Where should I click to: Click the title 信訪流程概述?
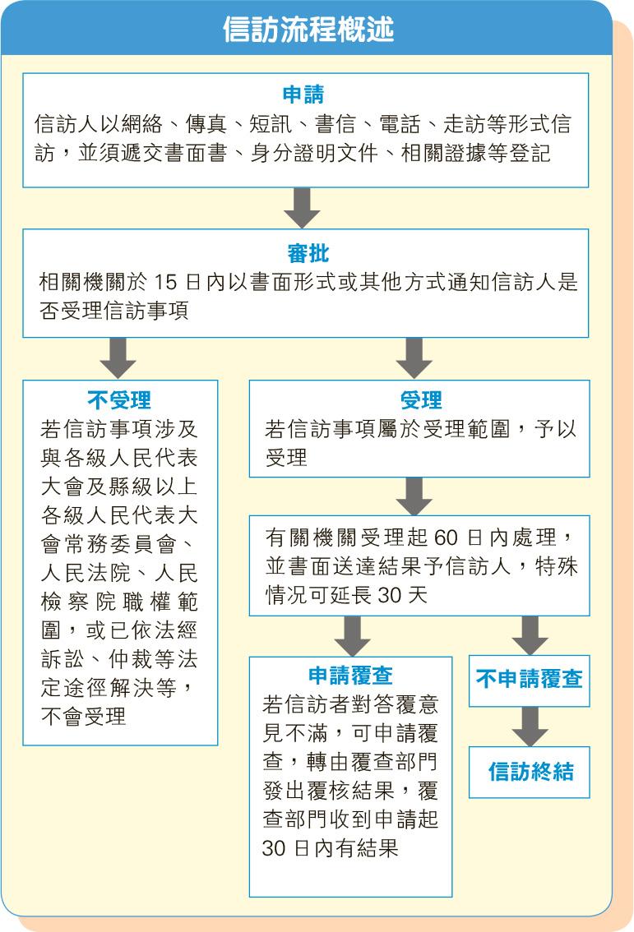(x=308, y=29)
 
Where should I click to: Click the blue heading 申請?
(x=303, y=95)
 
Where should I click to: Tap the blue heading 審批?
(x=308, y=253)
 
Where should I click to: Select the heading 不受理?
(x=119, y=400)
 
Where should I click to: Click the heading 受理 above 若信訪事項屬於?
(x=421, y=400)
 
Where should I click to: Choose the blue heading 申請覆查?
(x=351, y=676)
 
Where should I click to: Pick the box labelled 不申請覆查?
(x=530, y=681)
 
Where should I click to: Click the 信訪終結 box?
(x=530, y=772)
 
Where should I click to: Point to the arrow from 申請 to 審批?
(x=302, y=208)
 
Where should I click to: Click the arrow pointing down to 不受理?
(x=118, y=358)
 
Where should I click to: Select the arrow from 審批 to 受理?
(x=414, y=358)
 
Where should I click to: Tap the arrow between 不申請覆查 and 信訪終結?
(x=530, y=727)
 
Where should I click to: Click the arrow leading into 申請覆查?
(x=352, y=636)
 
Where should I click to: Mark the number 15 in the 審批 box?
(x=166, y=282)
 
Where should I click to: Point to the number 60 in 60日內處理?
(x=446, y=538)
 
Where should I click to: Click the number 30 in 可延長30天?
(x=390, y=594)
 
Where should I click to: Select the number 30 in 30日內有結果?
(x=274, y=848)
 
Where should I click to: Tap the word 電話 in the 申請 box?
(x=400, y=124)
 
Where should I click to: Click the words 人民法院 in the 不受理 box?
(x=86, y=572)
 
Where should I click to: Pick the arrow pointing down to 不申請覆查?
(x=530, y=635)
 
